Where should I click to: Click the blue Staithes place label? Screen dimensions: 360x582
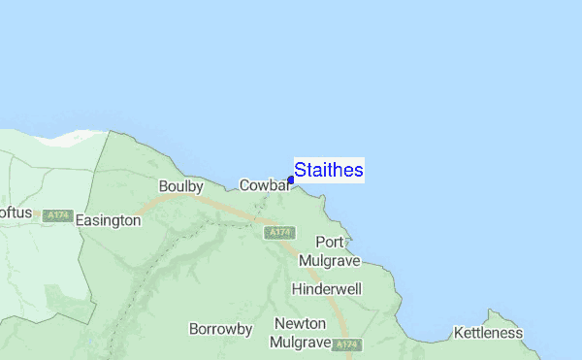coord(329,171)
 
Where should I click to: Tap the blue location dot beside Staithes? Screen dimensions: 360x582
coord(291,180)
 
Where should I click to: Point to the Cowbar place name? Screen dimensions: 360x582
coord(264,185)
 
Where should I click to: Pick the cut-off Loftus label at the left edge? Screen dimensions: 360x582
coord(16,213)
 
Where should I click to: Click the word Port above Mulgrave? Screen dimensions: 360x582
coord(330,242)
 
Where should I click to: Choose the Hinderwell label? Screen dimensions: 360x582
coord(327,289)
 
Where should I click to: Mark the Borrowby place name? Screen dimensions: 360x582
coord(221,329)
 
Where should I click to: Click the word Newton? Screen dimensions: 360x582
coord(300,323)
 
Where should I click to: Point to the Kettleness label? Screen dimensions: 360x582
coord(488,333)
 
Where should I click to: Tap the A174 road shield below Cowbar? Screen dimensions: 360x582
coord(279,233)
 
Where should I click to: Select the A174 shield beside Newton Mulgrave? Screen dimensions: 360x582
coord(347,344)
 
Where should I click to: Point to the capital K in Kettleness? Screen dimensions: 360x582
coord(459,333)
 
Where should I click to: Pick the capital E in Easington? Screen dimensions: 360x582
coord(80,220)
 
